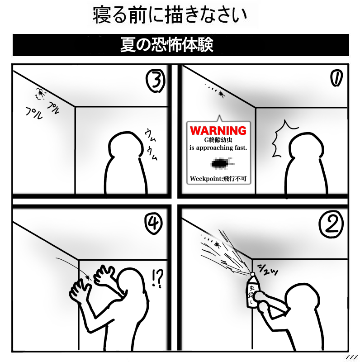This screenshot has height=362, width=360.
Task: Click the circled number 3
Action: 156,81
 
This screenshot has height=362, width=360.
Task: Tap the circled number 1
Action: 336,78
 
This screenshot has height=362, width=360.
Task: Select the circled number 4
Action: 153,224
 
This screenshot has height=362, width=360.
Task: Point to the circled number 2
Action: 332,224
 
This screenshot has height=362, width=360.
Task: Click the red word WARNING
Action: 218,131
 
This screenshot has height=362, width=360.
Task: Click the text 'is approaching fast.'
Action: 218,148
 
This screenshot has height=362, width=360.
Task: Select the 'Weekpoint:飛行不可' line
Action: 218,178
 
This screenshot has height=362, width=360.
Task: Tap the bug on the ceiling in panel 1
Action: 221,94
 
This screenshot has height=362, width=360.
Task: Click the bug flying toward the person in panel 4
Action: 88,277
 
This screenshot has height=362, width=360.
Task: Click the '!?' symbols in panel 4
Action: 158,278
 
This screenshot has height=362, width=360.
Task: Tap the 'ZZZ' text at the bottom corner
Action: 351,357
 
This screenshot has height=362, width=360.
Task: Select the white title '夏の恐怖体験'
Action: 166,45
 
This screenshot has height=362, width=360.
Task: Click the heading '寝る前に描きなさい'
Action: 170,15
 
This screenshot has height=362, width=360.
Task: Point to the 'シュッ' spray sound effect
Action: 267,269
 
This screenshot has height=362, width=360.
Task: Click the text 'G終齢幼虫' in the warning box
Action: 218,140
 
